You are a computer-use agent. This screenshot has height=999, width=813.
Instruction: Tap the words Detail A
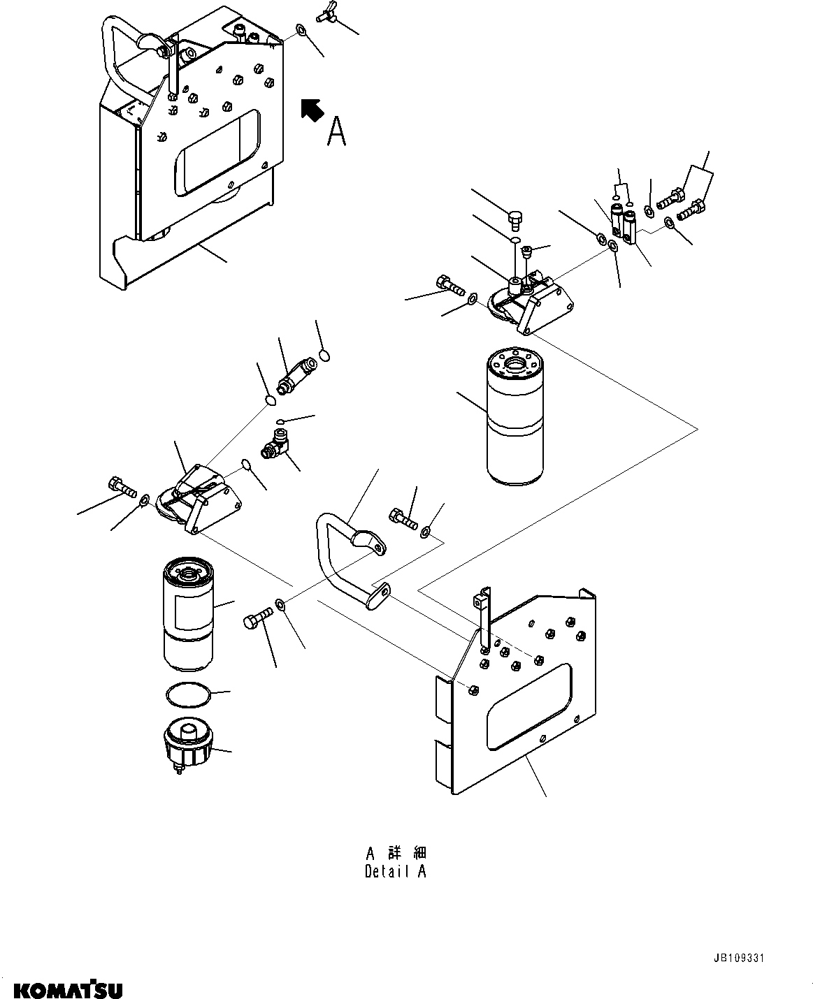pyautogui.click(x=395, y=871)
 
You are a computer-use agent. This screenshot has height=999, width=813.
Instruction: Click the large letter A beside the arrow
pyautogui.click(x=337, y=131)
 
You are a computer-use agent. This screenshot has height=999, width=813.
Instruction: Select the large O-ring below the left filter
pyautogui.click(x=187, y=695)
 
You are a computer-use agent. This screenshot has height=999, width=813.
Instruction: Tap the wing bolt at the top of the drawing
pyautogui.click(x=328, y=13)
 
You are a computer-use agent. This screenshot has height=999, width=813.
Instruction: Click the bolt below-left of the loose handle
pyautogui.click(x=257, y=618)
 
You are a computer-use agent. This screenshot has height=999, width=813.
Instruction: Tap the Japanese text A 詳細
pyautogui.click(x=395, y=853)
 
